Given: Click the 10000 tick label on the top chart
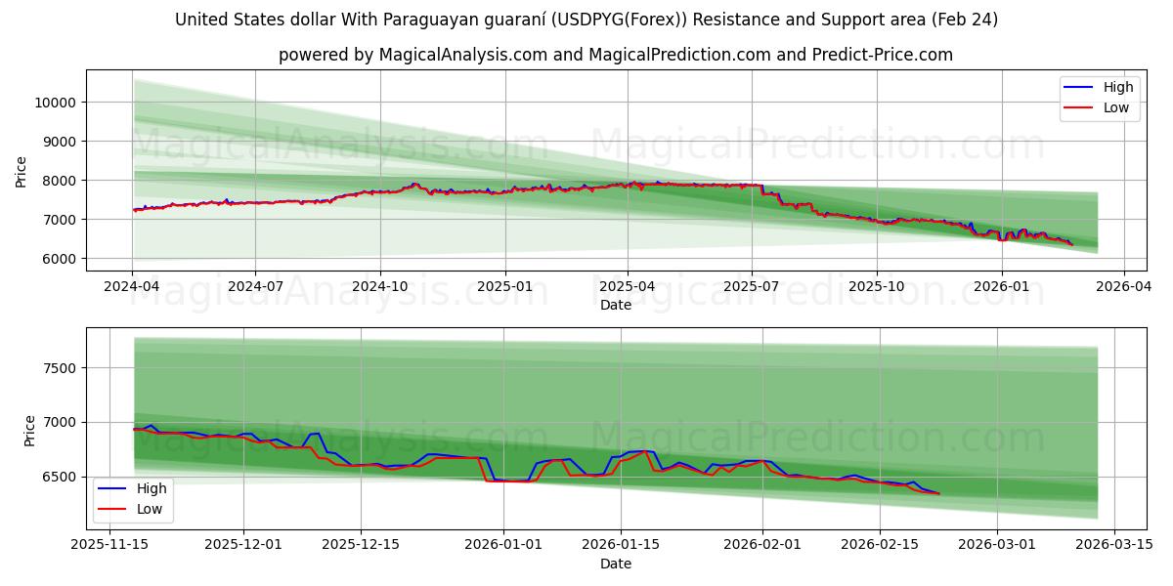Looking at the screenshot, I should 57,103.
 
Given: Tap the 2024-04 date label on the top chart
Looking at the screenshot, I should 132,286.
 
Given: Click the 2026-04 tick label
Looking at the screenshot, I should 1123,286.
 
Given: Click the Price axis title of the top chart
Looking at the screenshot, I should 22,172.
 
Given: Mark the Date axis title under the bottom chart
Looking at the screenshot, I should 616,564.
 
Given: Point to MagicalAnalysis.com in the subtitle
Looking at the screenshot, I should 460,55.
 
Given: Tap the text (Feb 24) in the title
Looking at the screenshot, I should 966,20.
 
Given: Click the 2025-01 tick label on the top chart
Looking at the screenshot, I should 504,286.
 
